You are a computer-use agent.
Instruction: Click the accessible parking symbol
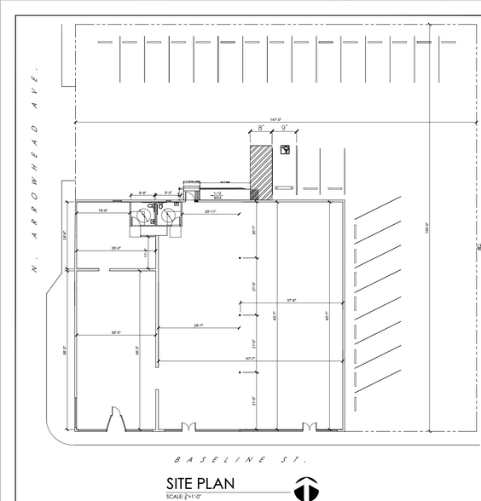point(285,151)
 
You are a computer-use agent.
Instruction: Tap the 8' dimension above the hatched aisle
point(260,129)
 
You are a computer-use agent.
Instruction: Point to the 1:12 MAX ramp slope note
point(217,195)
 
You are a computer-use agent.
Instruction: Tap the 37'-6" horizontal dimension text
point(292,299)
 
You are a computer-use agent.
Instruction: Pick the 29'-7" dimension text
point(200,325)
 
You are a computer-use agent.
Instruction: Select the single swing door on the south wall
point(111,420)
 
